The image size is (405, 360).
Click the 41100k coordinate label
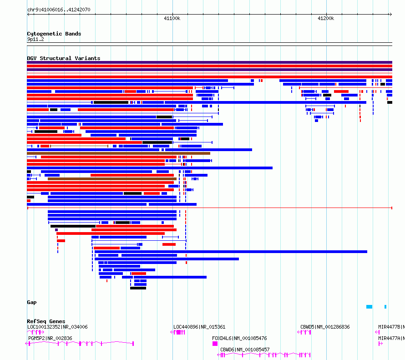pyautogui.click(x=172, y=18)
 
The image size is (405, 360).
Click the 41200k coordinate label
pyautogui.click(x=326, y=18)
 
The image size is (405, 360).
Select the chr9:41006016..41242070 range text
pyautogui.click(x=59, y=10)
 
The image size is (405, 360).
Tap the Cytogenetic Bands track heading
pyautogui.click(x=54, y=34)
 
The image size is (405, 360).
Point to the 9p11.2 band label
pyautogui.click(x=35, y=39)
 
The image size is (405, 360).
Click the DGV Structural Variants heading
pyautogui.click(x=64, y=58)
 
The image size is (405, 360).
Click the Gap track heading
pyautogui.click(x=32, y=302)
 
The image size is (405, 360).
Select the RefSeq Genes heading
pyautogui.click(x=46, y=321)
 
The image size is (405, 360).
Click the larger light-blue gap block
pyautogui.click(x=369, y=307)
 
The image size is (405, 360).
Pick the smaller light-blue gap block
pyautogui.click(x=385, y=307)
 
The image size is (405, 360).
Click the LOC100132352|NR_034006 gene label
pyautogui.click(x=57, y=327)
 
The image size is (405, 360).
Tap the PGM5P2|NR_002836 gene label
pyautogui.click(x=50, y=338)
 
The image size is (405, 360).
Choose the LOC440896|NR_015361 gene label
pyautogui.click(x=199, y=327)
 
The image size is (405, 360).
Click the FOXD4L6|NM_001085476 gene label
pyautogui.click(x=239, y=338)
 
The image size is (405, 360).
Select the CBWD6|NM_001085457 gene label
pyautogui.click(x=245, y=350)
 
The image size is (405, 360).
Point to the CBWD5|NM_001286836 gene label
pyautogui.click(x=325, y=327)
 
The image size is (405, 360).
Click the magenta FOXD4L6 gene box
pyautogui.click(x=215, y=344)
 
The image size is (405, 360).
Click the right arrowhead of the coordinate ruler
pyautogui.click(x=391, y=15)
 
